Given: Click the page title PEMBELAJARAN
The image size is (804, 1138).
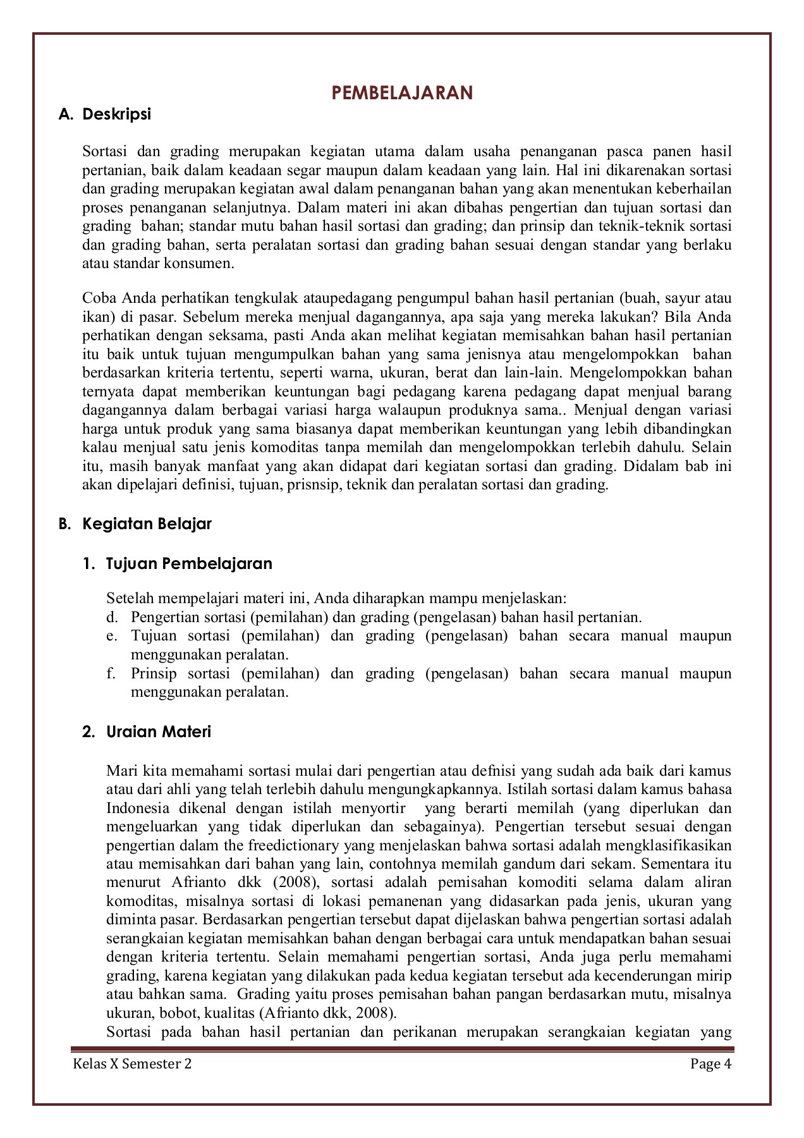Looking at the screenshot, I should pyautogui.click(x=402, y=93).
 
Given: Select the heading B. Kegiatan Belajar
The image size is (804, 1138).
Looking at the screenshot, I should pyautogui.click(x=135, y=523).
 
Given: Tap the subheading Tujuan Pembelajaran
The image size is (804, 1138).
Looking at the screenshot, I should pyautogui.click(x=189, y=563).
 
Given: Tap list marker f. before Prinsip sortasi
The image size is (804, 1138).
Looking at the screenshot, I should pyautogui.click(x=112, y=673).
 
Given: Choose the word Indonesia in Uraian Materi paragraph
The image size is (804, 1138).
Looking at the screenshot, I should pyautogui.click(x=138, y=808).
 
